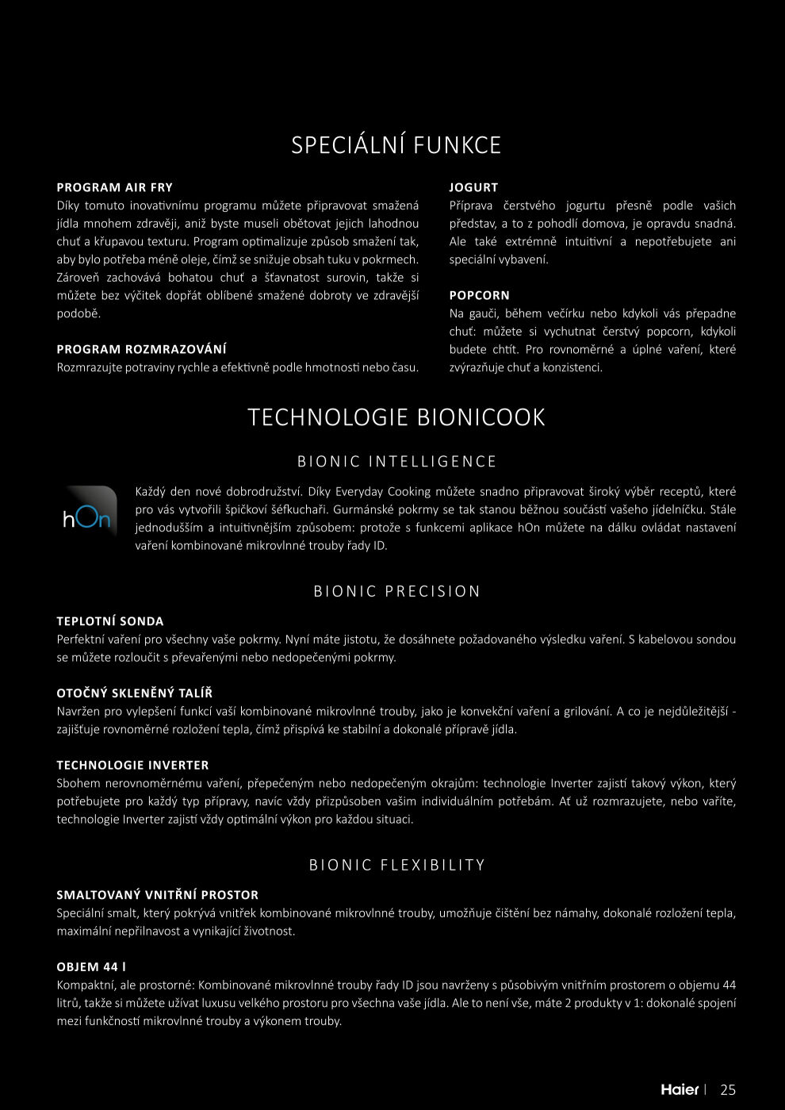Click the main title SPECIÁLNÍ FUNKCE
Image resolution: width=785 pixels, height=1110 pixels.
[x=396, y=145]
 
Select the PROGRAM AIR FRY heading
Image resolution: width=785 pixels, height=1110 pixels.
[x=114, y=187]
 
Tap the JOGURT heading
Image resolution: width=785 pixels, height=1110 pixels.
[x=473, y=187]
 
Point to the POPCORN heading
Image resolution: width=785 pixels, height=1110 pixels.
[x=479, y=295]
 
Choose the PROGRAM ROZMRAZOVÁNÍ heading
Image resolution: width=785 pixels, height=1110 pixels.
[x=141, y=349]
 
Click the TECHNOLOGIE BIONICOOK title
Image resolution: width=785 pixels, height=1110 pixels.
[x=396, y=417]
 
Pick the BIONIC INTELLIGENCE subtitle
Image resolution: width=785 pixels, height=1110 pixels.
[x=396, y=462]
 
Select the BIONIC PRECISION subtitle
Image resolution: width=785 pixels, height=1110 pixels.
[x=396, y=592]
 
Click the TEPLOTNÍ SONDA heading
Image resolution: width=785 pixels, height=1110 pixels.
[x=110, y=621]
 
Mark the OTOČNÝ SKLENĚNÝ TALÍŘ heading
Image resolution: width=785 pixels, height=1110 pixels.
[x=134, y=693]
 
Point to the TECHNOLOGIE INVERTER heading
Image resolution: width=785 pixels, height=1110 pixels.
[x=132, y=766]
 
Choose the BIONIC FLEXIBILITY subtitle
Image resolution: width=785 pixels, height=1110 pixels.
[x=396, y=866]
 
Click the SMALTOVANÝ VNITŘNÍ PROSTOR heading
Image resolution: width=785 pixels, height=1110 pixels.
[x=157, y=895]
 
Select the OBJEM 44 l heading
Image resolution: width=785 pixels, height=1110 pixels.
[x=91, y=967]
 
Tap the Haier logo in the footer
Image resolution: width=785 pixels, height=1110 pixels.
[x=680, y=1089]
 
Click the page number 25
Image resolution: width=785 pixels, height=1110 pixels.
[x=728, y=1089]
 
